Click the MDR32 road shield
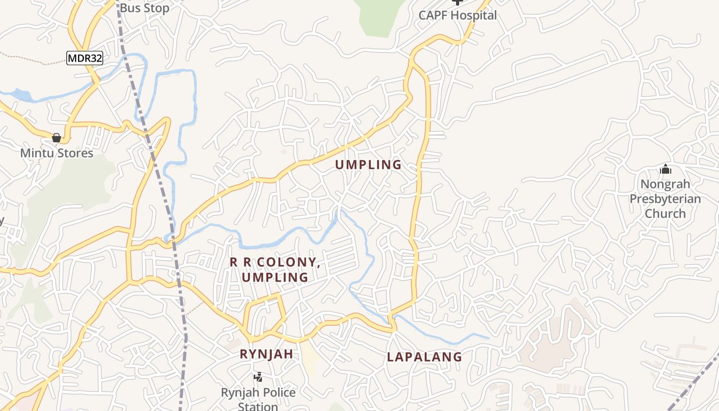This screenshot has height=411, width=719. click(85, 58)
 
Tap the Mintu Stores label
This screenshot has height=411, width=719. click(56, 153)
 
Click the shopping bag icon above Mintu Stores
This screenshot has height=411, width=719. click(56, 138)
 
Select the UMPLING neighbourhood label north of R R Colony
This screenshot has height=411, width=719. click(368, 165)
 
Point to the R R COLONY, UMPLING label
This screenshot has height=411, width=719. click(275, 270)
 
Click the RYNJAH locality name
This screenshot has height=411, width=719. click(267, 354)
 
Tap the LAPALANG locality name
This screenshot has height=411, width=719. click(424, 357)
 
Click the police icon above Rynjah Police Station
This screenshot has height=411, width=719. click(258, 377)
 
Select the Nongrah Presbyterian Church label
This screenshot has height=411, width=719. click(665, 199)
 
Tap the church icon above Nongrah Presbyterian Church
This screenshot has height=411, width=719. click(666, 169)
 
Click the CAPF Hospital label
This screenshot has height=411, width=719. click(458, 15)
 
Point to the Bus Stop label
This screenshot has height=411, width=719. click(144, 8)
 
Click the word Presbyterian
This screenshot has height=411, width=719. click(665, 199)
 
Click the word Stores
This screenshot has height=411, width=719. click(75, 153)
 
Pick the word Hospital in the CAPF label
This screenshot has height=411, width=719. click(474, 15)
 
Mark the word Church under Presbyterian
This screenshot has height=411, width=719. click(665, 213)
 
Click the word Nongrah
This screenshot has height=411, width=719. click(665, 184)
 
